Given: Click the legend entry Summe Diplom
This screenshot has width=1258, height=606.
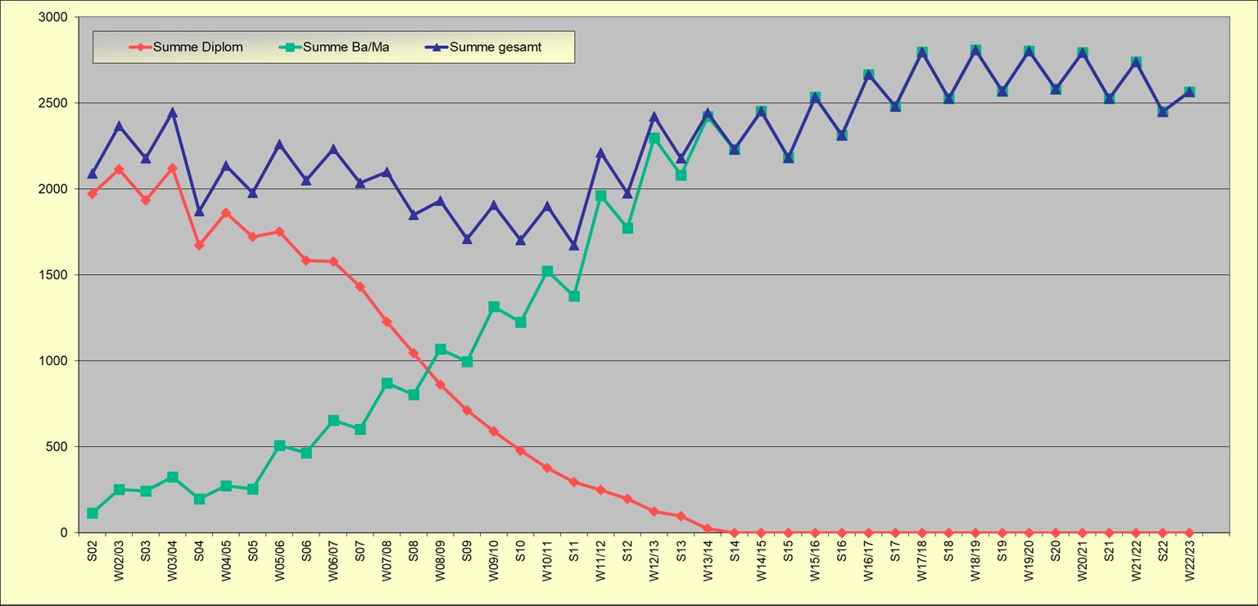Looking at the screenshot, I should point(197,47).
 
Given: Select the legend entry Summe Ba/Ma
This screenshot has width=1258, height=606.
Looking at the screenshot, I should point(346,47).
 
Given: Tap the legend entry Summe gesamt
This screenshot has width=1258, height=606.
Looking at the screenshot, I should point(495,47).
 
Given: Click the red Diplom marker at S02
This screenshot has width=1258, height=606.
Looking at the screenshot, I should point(93,193).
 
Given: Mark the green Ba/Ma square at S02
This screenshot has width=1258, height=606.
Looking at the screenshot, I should point(93,513).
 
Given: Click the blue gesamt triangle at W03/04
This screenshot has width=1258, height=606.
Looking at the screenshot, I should point(173,112).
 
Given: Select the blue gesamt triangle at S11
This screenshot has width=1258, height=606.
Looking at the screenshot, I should point(574,245).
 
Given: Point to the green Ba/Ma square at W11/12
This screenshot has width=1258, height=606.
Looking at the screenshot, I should point(601,196).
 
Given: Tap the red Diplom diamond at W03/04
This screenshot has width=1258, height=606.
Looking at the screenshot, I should point(173,168).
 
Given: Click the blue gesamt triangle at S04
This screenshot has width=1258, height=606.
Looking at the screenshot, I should point(199,211).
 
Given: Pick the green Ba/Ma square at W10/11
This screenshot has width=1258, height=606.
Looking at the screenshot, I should point(547,271).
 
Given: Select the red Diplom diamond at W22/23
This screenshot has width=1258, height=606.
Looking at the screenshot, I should point(1189,532).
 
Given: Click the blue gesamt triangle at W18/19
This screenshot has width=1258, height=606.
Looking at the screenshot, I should point(975,51).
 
